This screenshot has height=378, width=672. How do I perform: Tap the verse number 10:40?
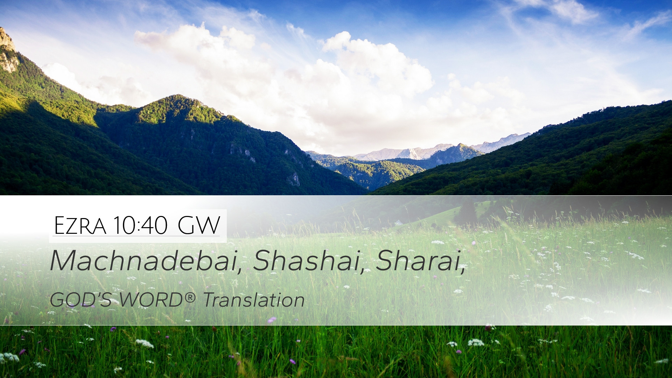pyautogui.click(x=140, y=225)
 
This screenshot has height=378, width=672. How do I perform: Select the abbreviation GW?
pyautogui.click(x=199, y=225)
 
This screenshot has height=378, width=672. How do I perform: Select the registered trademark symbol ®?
pyautogui.click(x=189, y=297)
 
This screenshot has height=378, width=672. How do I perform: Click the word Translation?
pyautogui.click(x=254, y=300)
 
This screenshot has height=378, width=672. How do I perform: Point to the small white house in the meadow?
pyautogui.click(x=398, y=223)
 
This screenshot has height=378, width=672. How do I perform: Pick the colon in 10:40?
pyautogui.click(x=140, y=227)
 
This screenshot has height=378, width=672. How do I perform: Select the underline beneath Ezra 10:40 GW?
pyautogui.click(x=137, y=236)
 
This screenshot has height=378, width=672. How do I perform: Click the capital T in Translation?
pyautogui.click(x=209, y=300)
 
